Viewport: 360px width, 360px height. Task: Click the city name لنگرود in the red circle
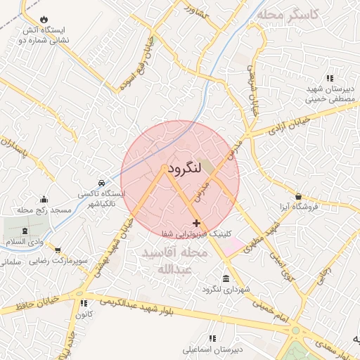coord(185,168)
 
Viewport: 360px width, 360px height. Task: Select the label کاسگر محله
coord(288,13)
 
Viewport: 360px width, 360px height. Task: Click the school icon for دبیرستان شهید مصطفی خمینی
coord(330,78)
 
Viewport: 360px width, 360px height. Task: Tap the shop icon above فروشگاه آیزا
coord(300,197)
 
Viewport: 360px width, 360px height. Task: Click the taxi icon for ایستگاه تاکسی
coord(103,181)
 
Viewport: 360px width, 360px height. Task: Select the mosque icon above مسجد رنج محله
coord(44,200)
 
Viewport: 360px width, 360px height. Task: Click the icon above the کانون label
coord(84,303)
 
